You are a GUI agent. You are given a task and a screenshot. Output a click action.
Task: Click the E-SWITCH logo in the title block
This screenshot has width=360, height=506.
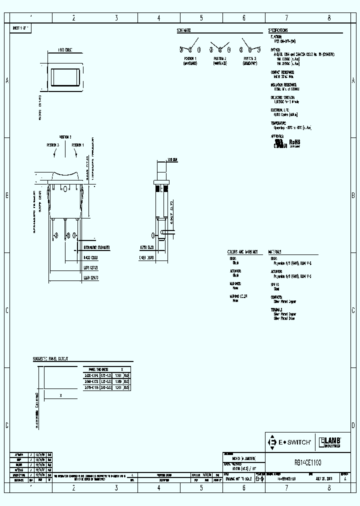[x=290, y=442]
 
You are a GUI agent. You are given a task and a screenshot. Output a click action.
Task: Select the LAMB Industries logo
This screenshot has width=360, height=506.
[x=330, y=442]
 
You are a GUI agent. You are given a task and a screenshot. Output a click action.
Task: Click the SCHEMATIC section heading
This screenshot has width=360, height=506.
[x=183, y=30]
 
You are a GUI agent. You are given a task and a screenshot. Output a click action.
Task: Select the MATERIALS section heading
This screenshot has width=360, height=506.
[x=275, y=252]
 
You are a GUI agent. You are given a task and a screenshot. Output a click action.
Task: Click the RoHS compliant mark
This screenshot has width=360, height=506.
[x=294, y=142]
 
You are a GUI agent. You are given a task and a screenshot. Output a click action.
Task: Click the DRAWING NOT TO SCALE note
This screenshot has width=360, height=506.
[x=239, y=478]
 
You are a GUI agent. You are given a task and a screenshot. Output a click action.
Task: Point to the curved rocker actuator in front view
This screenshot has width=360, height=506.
[x=65, y=174]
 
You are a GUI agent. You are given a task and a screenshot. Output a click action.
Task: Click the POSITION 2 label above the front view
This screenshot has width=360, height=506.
[x=65, y=136]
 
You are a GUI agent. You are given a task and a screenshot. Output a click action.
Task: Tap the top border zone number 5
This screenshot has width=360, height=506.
[x=201, y=17]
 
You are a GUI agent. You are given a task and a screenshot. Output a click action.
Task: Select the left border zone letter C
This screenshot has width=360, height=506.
[x=6, y=310]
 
